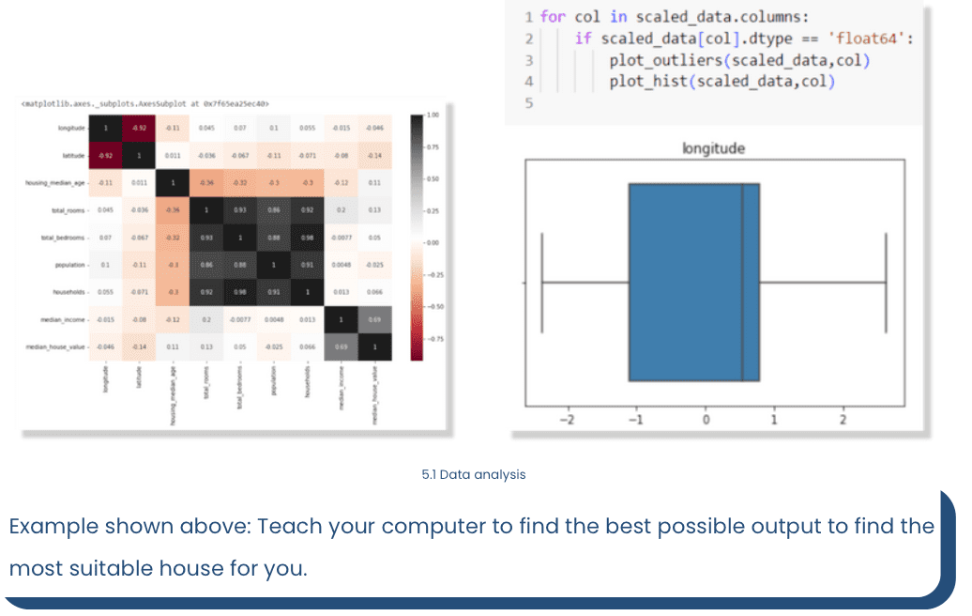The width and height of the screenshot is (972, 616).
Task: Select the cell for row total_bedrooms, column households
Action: [306, 237]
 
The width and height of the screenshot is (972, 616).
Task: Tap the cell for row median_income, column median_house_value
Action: [374, 318]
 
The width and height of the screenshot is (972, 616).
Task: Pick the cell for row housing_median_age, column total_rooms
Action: [205, 182]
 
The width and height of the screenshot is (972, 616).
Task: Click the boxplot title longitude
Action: [714, 147]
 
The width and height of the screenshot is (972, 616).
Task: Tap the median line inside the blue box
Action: [742, 282]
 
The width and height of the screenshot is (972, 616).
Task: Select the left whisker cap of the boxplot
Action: [542, 282]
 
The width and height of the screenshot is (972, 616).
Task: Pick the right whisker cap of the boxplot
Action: [887, 282]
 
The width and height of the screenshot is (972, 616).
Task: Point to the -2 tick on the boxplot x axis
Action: [566, 420]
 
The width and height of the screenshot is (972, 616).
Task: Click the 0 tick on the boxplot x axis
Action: [705, 420]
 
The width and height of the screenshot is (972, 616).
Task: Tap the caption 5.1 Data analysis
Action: [474, 474]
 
